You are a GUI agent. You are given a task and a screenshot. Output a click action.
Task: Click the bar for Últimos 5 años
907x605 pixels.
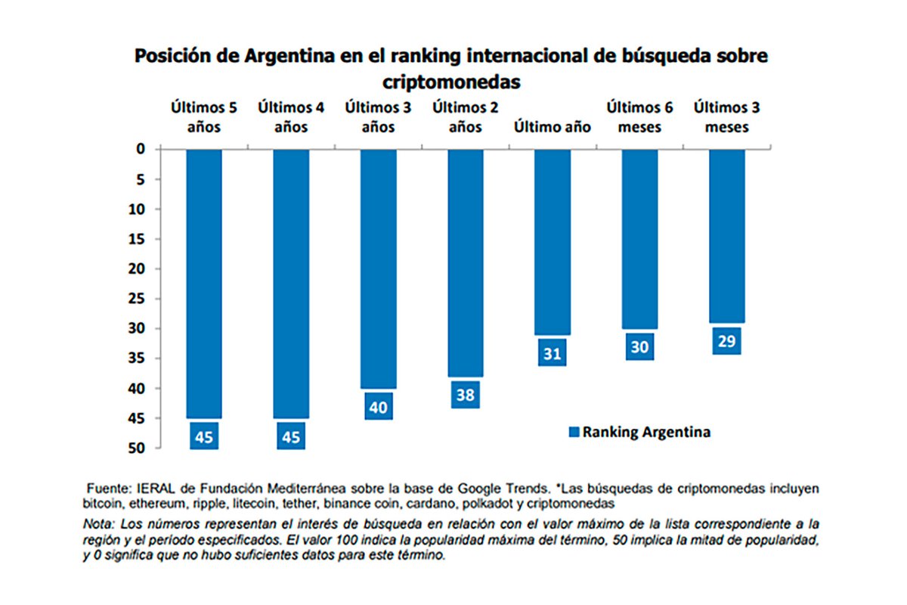click(x=204, y=284)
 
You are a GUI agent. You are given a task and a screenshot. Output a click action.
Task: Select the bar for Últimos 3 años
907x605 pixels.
click(x=378, y=268)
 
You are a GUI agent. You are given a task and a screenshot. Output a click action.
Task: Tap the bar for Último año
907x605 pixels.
click(x=552, y=242)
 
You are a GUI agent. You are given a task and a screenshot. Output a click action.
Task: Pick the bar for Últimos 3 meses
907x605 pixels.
click(x=727, y=236)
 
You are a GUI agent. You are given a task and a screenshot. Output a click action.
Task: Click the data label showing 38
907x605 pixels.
click(x=465, y=395)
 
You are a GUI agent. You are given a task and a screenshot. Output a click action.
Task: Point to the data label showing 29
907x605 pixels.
click(x=727, y=341)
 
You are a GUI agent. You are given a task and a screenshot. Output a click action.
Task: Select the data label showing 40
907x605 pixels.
click(x=378, y=407)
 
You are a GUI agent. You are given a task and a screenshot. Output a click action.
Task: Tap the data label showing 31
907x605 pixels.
click(x=552, y=353)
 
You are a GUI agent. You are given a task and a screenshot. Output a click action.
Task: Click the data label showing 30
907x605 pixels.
click(x=639, y=347)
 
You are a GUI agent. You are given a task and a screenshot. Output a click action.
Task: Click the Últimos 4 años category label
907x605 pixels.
click(x=291, y=117)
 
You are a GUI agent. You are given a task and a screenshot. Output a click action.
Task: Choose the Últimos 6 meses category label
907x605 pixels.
click(x=639, y=117)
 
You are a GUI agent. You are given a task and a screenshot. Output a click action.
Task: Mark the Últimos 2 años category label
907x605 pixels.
click(x=465, y=117)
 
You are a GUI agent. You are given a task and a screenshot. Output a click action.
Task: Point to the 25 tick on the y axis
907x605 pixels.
click(x=136, y=299)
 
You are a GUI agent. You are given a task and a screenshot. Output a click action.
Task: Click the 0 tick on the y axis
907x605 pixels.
click(x=140, y=150)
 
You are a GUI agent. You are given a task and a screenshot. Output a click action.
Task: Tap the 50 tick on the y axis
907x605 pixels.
click(x=136, y=448)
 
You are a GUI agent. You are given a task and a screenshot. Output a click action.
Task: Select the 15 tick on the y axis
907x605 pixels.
click(x=136, y=239)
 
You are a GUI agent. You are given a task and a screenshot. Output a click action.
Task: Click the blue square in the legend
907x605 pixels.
click(x=573, y=433)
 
